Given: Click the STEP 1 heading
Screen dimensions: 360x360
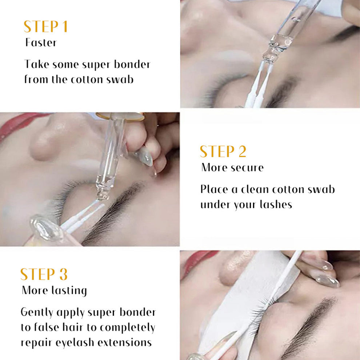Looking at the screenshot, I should coord(45,27).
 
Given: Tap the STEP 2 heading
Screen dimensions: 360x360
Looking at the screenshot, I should coord(223,152).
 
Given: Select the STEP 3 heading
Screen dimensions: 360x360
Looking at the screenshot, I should coord(44,275).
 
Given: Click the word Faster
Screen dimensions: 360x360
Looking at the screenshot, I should coord(41,43).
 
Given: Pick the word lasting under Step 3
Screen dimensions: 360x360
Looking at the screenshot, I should coord(69,291).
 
